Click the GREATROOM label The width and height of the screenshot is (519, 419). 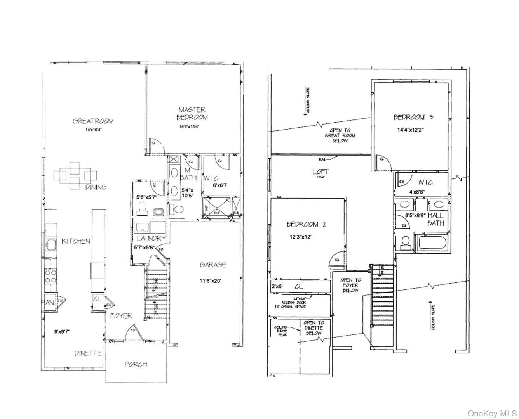tap(93, 121)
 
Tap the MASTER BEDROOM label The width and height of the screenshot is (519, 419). tap(192, 113)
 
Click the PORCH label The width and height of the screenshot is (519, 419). tap(136, 364)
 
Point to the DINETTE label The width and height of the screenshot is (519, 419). tap(88, 353)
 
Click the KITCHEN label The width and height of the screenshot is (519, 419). tap(76, 241)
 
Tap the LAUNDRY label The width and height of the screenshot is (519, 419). tap(150, 238)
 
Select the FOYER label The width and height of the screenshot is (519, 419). tap(121, 316)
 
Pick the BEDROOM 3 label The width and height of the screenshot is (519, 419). tap(413, 117)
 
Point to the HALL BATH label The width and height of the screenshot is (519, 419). tap(435, 219)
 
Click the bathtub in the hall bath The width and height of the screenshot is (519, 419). tap(432, 243)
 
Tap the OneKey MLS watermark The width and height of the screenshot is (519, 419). tap(492, 412)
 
